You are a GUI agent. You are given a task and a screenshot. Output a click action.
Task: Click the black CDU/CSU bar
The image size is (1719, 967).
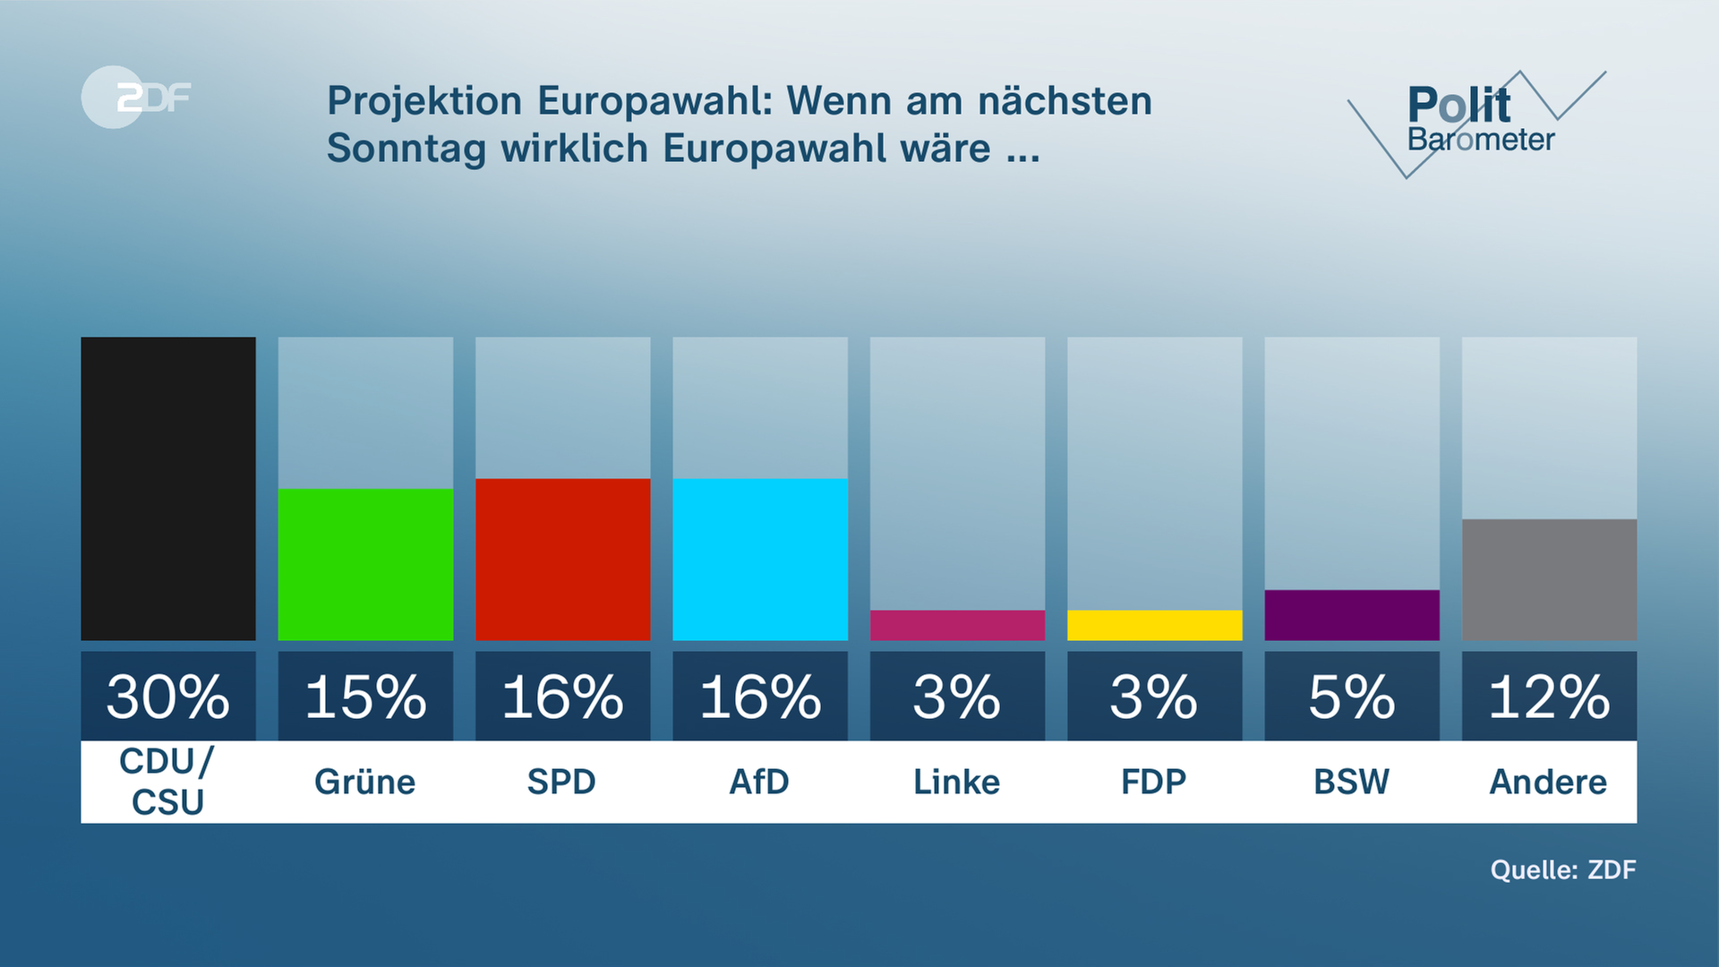pyautogui.click(x=168, y=488)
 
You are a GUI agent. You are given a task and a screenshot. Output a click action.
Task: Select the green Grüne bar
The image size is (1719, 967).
pyautogui.click(x=365, y=564)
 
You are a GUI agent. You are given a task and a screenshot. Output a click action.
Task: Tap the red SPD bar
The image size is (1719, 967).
pyautogui.click(x=562, y=560)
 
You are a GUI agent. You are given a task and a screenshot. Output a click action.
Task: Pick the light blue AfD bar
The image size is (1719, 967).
pyautogui.click(x=760, y=560)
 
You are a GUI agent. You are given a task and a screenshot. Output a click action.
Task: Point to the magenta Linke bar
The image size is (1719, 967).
pyautogui.click(x=957, y=625)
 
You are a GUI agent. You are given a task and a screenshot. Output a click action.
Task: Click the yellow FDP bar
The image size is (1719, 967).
pyautogui.click(x=1154, y=625)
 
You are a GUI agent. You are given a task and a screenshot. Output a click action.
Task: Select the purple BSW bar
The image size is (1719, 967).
pyautogui.click(x=1352, y=615)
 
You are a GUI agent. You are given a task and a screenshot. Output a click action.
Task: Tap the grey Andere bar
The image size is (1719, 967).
pyautogui.click(x=1549, y=579)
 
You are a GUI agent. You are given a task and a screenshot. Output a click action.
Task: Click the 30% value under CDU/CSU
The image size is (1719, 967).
pyautogui.click(x=168, y=697)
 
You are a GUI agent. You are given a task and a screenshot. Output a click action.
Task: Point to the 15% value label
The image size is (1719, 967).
pyautogui.click(x=365, y=697)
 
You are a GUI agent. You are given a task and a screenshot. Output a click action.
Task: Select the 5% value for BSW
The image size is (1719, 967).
pyautogui.click(x=1352, y=697)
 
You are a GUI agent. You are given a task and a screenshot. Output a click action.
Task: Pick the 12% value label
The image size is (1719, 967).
pyautogui.click(x=1549, y=697)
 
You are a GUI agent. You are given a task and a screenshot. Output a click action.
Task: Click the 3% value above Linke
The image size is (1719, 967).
pyautogui.click(x=957, y=697)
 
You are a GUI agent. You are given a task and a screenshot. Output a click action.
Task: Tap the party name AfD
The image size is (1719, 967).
pyautogui.click(x=759, y=782)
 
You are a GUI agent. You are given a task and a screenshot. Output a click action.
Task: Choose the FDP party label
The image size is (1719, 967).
pyautogui.click(x=1154, y=782)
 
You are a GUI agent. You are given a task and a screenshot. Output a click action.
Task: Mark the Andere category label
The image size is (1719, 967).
pyautogui.click(x=1548, y=782)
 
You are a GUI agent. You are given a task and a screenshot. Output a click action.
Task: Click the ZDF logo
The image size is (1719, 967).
pyautogui.click(x=136, y=97)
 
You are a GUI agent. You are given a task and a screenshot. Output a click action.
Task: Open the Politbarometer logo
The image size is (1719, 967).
pyautogui.click(x=1477, y=121)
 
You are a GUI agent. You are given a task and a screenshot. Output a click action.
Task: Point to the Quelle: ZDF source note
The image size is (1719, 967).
pyautogui.click(x=1562, y=869)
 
